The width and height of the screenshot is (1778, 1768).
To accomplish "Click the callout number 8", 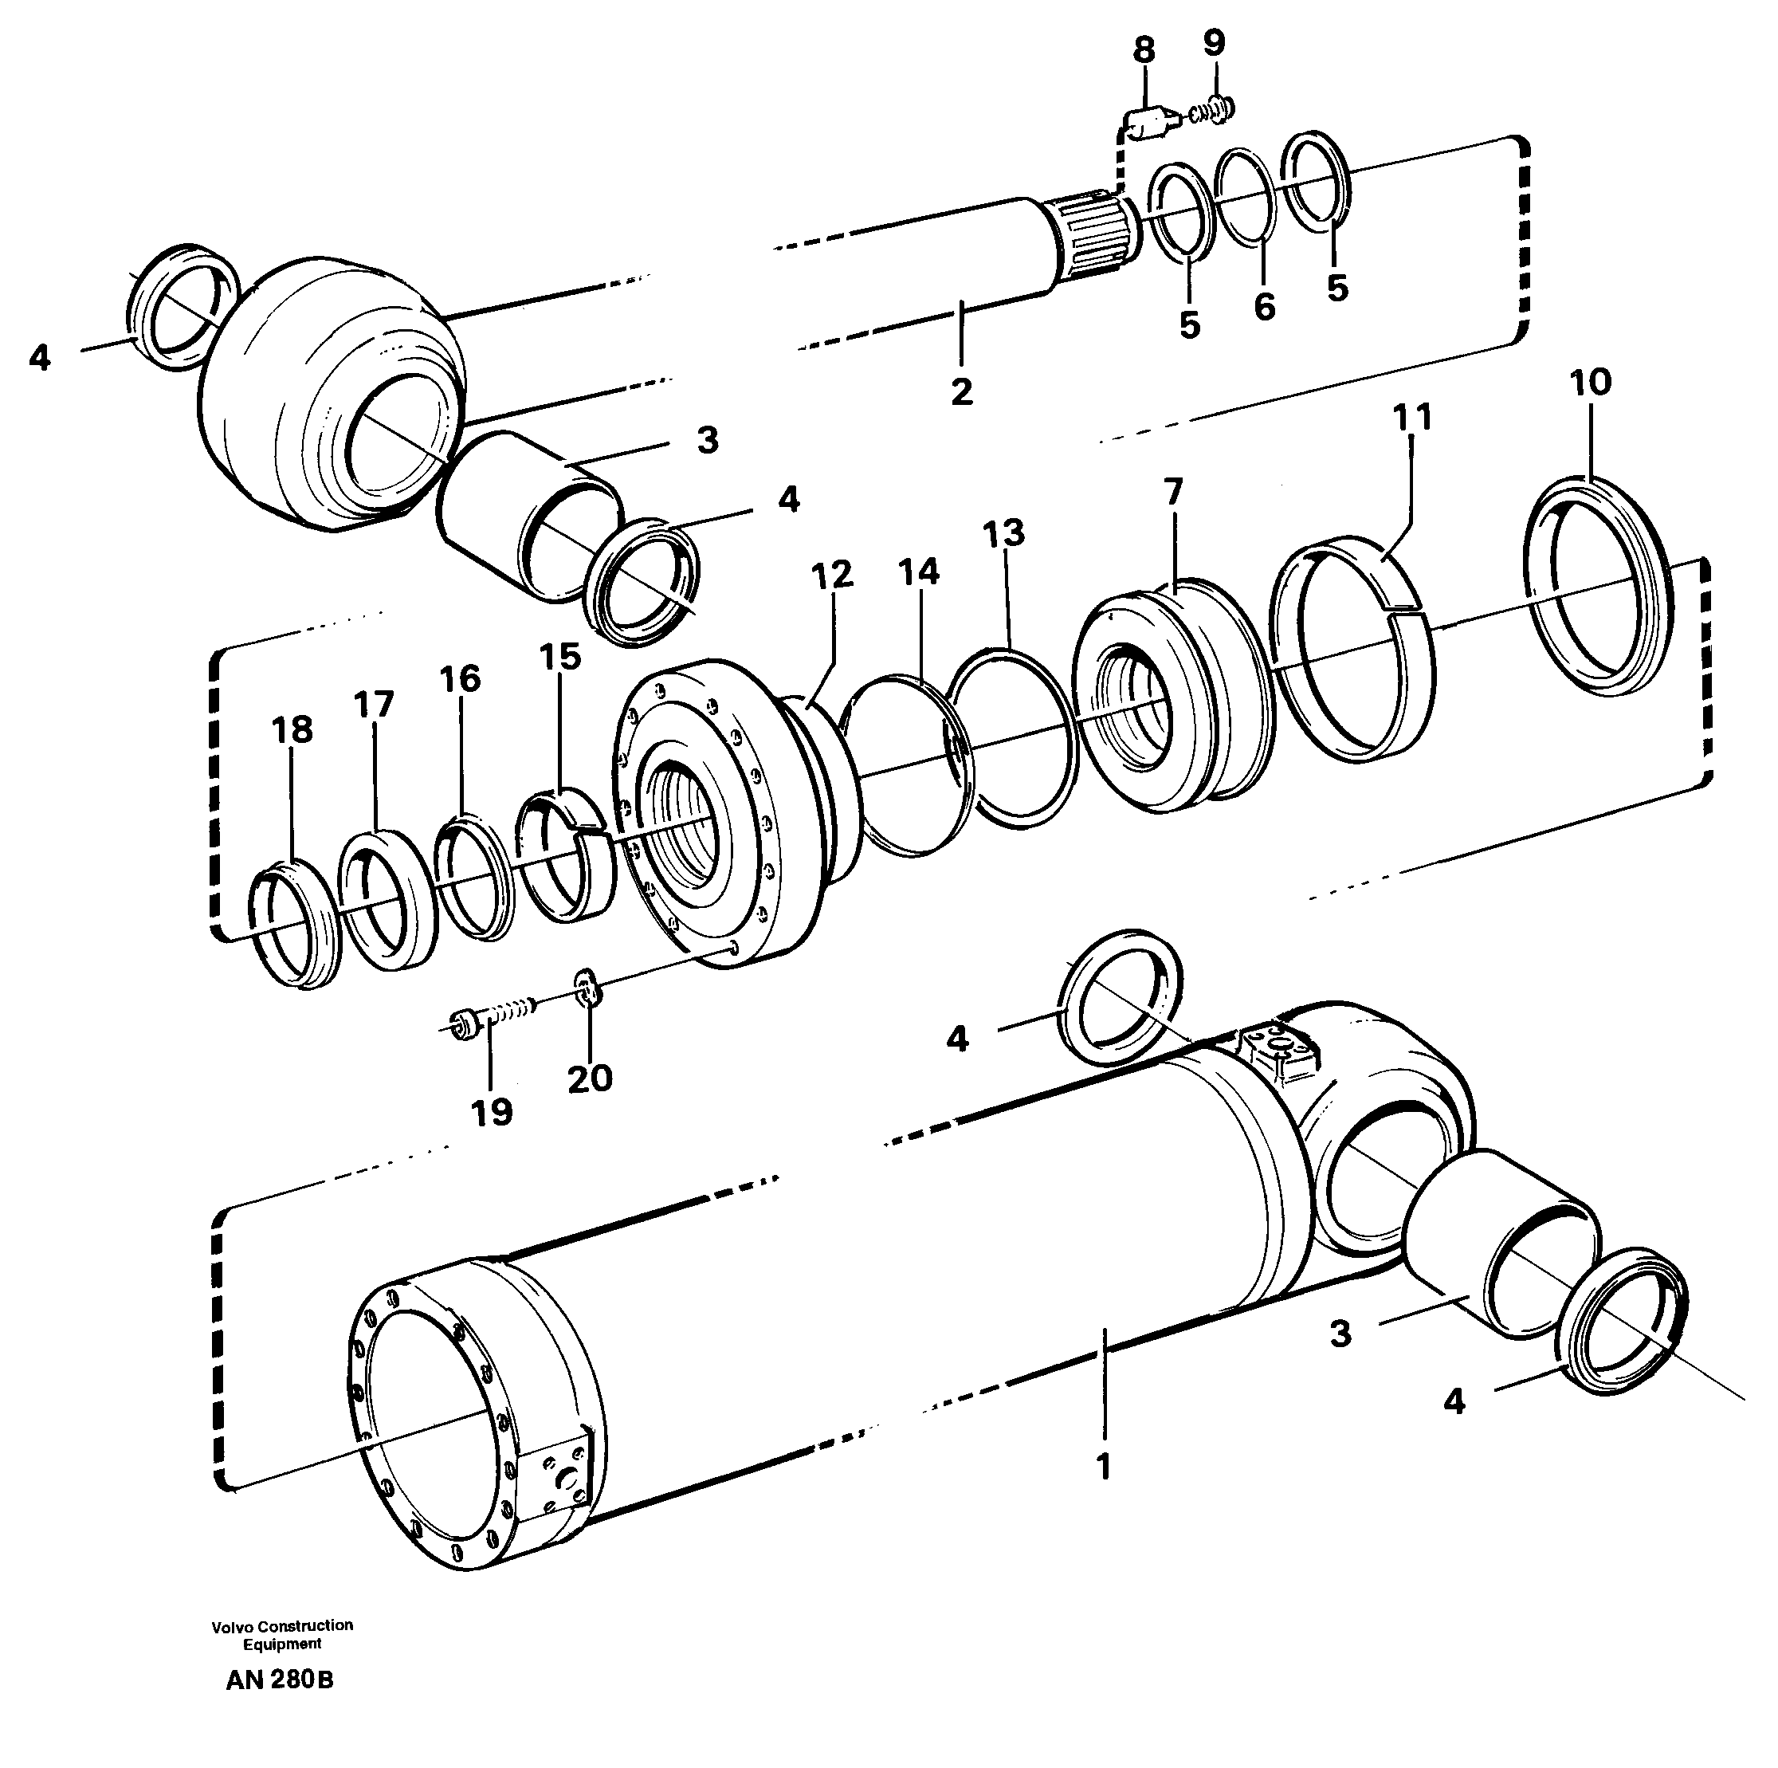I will point(1143,51).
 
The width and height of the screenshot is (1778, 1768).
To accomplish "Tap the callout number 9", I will point(1214,42).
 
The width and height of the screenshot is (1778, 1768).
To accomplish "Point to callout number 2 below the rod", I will point(961,392).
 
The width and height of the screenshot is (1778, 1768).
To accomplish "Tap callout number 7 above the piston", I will point(1172,493).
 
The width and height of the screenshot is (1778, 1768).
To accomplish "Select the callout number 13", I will point(1003,533).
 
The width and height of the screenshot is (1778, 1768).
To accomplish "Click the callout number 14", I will point(917,572).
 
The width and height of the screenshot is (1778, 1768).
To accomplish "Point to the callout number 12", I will point(832,576).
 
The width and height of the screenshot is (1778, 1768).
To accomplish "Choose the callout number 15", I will point(559,657).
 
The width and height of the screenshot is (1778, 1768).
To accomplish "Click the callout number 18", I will point(292,731).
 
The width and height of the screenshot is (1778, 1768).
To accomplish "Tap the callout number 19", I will point(492,1113).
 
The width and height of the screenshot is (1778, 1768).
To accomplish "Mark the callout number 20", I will point(589,1078).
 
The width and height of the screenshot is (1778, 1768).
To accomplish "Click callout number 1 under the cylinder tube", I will point(1104,1466).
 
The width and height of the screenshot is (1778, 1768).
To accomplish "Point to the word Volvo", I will point(230,1626).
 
